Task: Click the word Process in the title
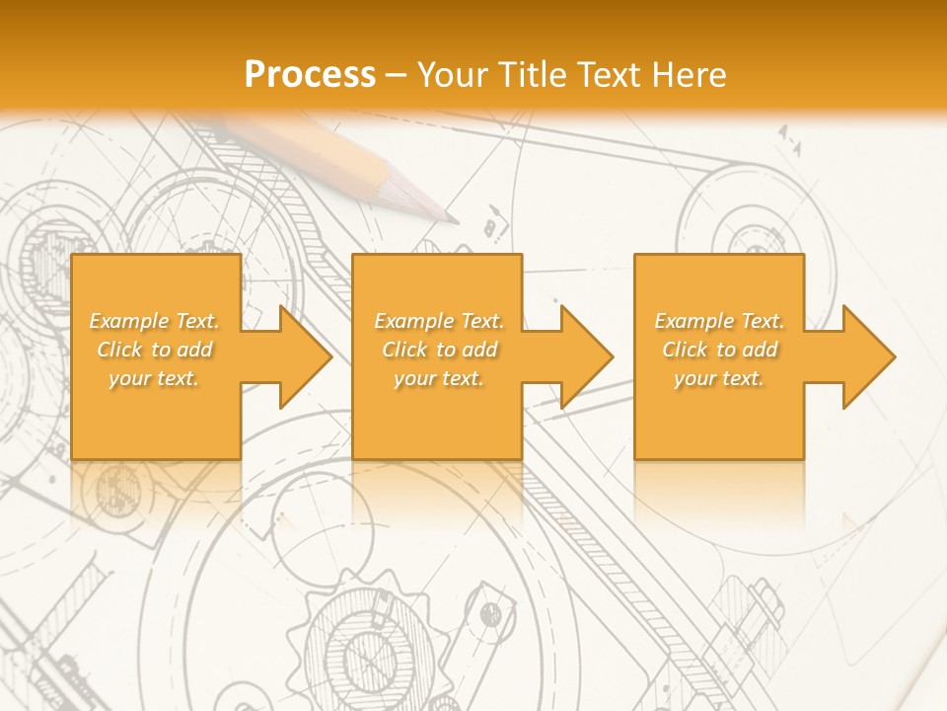pyautogui.click(x=310, y=75)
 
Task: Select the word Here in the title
pyautogui.click(x=690, y=75)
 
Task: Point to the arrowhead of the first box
pyautogui.click(x=304, y=356)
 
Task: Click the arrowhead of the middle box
pyautogui.click(x=585, y=356)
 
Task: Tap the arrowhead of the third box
pyautogui.click(x=867, y=356)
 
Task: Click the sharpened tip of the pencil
pyautogui.click(x=453, y=218)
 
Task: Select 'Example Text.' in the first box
pyautogui.click(x=154, y=321)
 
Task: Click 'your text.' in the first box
pyautogui.click(x=154, y=378)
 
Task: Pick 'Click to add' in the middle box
pyautogui.click(x=439, y=350)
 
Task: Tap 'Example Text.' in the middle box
pyautogui.click(x=439, y=321)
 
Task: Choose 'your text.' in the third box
pyautogui.click(x=719, y=378)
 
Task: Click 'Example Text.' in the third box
pyautogui.click(x=719, y=321)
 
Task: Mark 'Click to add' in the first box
pyautogui.click(x=154, y=350)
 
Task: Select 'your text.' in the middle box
pyautogui.click(x=439, y=378)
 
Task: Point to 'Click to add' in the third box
pyautogui.click(x=719, y=350)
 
